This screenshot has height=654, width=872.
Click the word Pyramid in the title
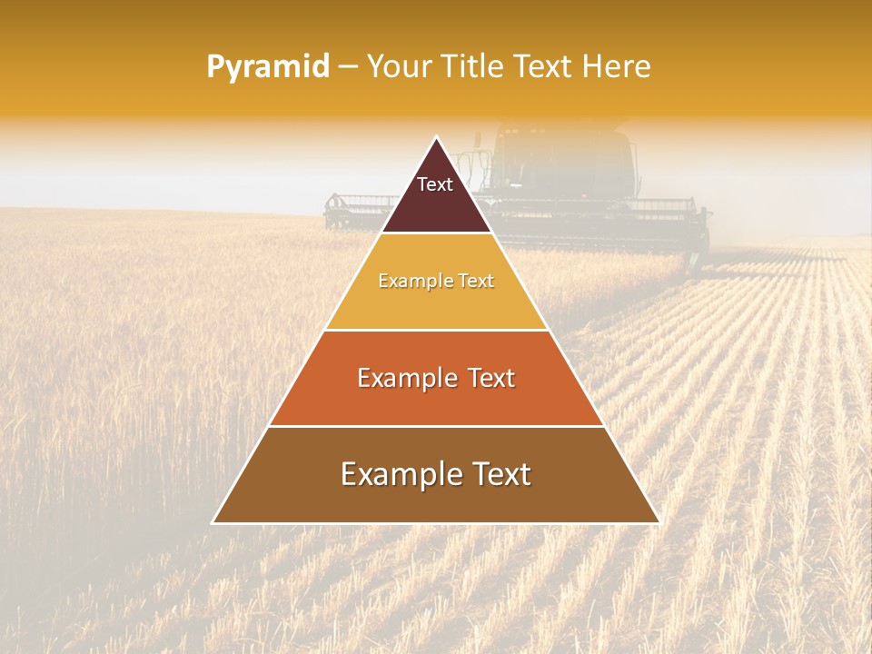point(268,67)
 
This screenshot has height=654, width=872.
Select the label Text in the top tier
point(435,184)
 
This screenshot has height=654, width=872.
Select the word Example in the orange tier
point(405,378)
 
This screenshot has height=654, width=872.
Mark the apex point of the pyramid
point(436,137)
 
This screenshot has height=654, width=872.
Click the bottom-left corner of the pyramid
point(213,522)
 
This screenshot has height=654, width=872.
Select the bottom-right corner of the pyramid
point(659,522)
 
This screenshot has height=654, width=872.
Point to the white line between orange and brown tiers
point(436,426)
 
